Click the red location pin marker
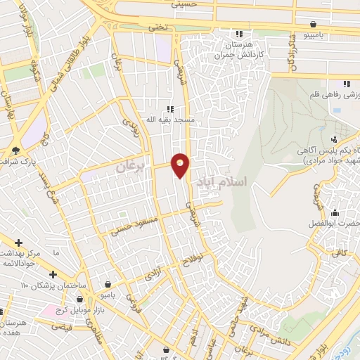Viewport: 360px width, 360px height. point(181,165)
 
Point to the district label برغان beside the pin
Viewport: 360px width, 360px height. point(130,167)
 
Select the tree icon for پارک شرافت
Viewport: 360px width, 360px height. point(15,150)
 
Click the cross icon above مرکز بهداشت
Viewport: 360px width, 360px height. point(18,242)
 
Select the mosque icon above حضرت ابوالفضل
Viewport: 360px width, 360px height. point(335,214)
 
